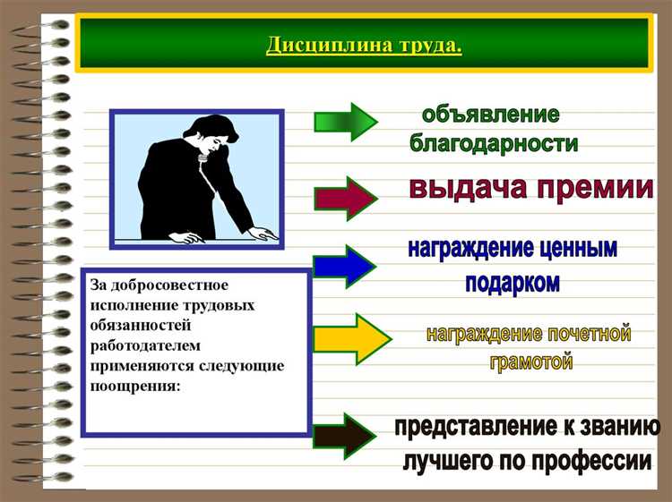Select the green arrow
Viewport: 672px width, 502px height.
pos(345,122)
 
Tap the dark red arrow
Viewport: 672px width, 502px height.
pos(345,198)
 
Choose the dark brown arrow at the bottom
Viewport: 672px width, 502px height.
pos(345,435)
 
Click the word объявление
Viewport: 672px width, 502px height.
pos(491,115)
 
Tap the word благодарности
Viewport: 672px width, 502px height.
pos(493,144)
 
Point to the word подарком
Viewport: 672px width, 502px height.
pos(512,283)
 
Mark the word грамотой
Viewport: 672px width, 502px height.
pos(531,363)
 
